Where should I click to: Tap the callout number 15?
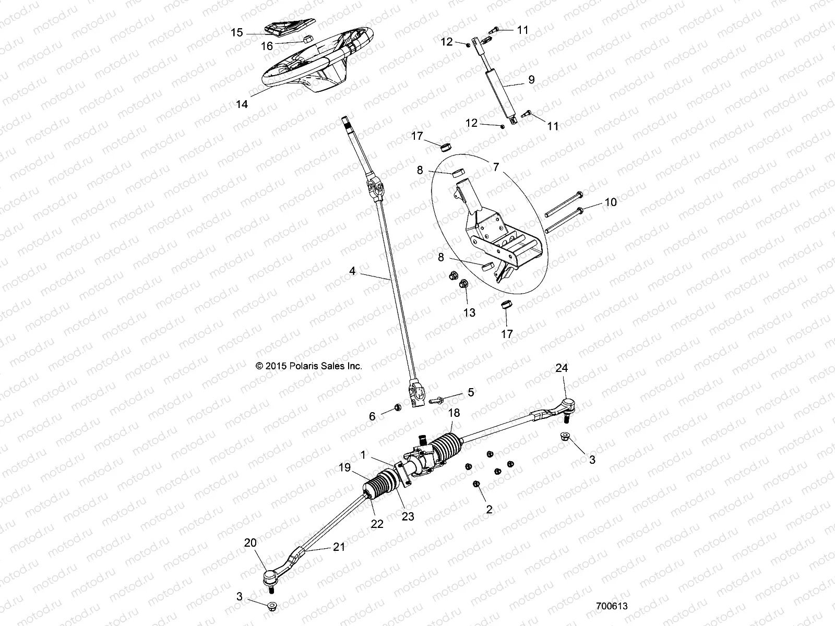(237, 33)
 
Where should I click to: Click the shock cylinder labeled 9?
(502, 91)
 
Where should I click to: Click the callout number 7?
(495, 167)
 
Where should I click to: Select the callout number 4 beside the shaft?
(352, 271)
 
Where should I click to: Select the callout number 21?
(340, 547)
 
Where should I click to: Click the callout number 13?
(469, 312)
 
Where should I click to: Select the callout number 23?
(408, 516)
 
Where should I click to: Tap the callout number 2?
(489, 510)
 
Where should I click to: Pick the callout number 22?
(376, 524)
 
